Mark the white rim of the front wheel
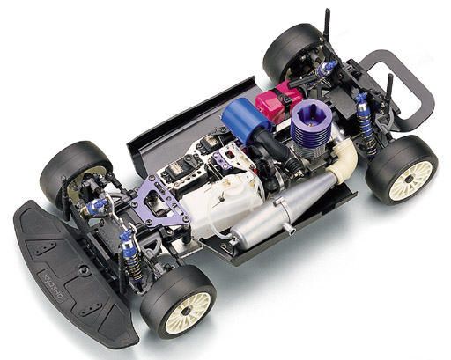pos(188,308)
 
